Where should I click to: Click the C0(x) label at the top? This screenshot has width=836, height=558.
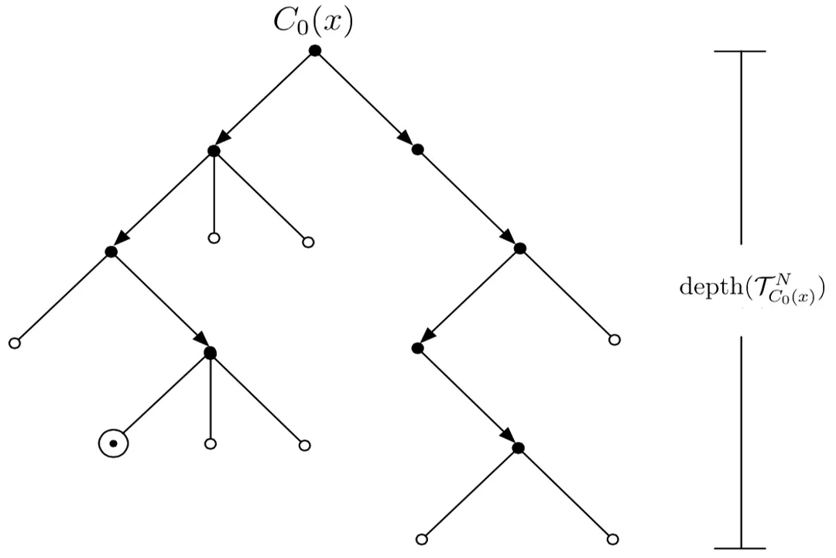click(x=313, y=23)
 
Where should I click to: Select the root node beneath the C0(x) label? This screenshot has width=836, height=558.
click(x=314, y=50)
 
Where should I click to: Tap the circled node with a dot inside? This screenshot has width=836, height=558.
click(x=113, y=443)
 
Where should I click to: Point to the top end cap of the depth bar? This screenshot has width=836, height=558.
click(x=741, y=51)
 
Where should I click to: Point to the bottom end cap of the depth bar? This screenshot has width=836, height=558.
click(x=741, y=548)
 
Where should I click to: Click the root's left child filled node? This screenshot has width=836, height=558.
click(x=214, y=151)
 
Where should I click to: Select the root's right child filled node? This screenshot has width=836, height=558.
click(x=418, y=150)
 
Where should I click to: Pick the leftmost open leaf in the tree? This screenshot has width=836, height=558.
click(x=13, y=343)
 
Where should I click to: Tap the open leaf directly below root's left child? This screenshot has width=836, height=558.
click(x=214, y=239)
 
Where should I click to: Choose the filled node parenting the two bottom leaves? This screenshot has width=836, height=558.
click(x=518, y=448)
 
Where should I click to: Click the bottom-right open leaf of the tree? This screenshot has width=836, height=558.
click(x=612, y=539)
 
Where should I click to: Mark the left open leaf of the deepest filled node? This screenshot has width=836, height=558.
click(x=422, y=539)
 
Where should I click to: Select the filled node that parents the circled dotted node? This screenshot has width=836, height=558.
click(x=210, y=353)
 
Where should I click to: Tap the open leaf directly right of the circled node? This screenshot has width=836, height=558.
click(x=210, y=444)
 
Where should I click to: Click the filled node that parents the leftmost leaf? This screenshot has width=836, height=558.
click(x=111, y=252)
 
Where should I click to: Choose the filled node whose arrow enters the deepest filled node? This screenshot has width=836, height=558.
click(x=417, y=348)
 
